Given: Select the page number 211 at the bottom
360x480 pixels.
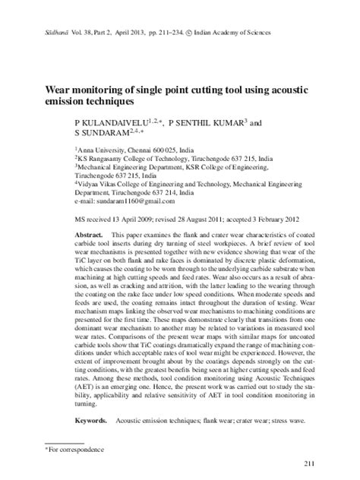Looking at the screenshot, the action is pos(308,464).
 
